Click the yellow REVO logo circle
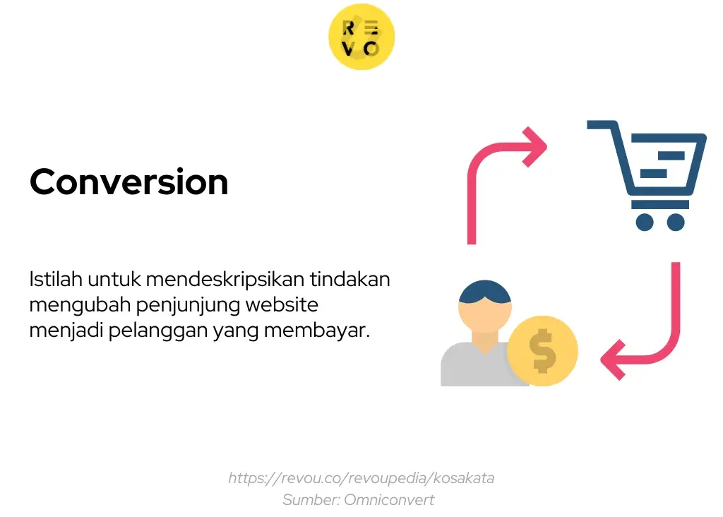coord(361,37)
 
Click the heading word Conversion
coord(129,182)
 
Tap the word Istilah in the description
coord(56,279)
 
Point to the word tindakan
coord(350,279)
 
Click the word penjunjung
coord(188,305)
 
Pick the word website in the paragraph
coord(282,304)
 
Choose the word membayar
coord(317,331)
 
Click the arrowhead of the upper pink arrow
coord(536,147)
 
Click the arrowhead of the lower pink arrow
coord(613,359)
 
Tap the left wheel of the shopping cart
coord(645,222)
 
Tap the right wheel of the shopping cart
coord(676,222)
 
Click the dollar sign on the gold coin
coord(543,350)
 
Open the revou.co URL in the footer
coord(361,478)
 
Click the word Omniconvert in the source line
coord(389,500)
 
